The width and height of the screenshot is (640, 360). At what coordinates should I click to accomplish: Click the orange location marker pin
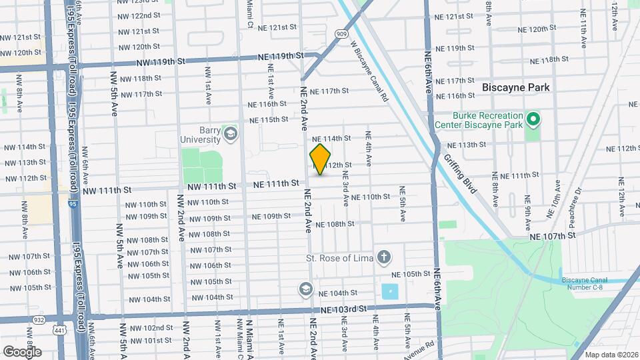coord(321,159)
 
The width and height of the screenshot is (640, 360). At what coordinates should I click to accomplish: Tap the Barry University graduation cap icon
coord(231,133)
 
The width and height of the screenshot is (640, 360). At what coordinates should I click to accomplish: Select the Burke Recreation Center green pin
coord(533,120)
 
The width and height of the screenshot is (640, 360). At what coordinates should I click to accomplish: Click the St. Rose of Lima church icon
coord(384,257)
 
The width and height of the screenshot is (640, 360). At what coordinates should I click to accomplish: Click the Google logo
coord(22,351)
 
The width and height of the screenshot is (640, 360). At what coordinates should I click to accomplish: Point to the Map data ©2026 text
coord(611,354)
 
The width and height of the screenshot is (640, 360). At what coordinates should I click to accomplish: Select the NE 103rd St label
coord(343,309)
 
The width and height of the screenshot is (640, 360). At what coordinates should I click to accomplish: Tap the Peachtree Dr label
coord(577,201)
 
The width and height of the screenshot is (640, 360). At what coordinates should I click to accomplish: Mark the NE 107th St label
coord(553,236)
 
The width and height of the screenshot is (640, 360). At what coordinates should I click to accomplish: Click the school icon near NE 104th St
coord(305,289)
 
